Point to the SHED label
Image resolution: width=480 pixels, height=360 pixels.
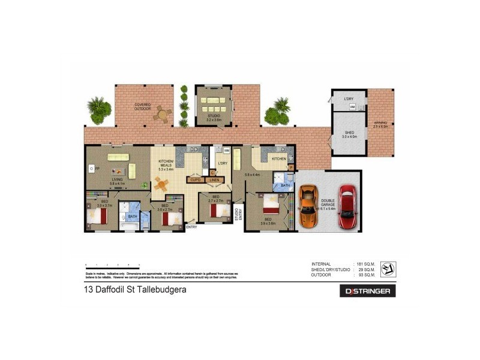(350, 134)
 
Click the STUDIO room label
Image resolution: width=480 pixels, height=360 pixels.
(214, 115)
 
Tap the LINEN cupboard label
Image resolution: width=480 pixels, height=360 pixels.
(214, 179)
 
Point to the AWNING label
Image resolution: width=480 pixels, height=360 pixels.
(381, 124)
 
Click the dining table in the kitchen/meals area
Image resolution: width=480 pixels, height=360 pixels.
(161, 183)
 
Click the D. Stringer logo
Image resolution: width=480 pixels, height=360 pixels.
(368, 291)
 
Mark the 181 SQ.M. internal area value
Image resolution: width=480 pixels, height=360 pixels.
(365, 265)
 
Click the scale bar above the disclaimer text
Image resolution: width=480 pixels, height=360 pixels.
(113, 265)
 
